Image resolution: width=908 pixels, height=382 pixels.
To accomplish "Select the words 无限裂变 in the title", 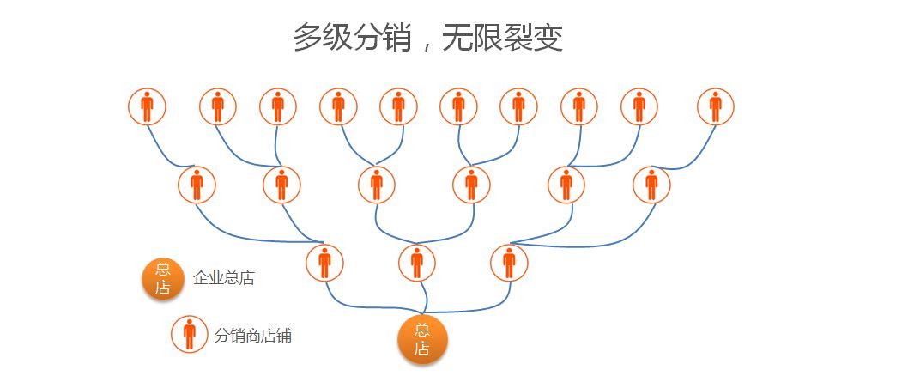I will tap(503, 38).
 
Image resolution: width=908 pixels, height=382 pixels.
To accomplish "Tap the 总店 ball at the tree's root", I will tap(422, 339).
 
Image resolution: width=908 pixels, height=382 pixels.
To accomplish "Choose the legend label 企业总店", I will tap(224, 278).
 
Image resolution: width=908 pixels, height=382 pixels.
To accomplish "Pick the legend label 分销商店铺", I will tap(253, 335).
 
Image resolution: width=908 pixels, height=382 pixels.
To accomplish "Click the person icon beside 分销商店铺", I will tap(189, 333).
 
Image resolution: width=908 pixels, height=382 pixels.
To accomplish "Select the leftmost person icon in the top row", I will tap(147, 107).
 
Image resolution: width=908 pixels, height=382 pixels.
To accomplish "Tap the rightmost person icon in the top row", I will tap(716, 107).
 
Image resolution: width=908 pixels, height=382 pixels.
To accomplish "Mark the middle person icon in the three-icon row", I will tap(417, 263).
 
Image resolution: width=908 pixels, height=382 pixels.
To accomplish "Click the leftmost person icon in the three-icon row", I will tap(324, 263).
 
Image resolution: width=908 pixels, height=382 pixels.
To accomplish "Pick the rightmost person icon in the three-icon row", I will tap(510, 263).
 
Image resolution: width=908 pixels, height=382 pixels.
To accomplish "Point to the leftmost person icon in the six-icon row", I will tap(197, 185).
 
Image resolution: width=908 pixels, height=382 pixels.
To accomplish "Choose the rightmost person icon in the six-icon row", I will tap(651, 185).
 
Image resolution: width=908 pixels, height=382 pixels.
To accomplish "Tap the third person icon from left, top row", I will tap(277, 107).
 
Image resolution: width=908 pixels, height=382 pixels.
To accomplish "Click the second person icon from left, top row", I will tap(217, 107).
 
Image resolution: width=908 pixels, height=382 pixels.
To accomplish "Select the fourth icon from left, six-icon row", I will tap(471, 185).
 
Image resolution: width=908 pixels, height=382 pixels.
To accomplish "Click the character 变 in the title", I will tap(548, 38).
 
